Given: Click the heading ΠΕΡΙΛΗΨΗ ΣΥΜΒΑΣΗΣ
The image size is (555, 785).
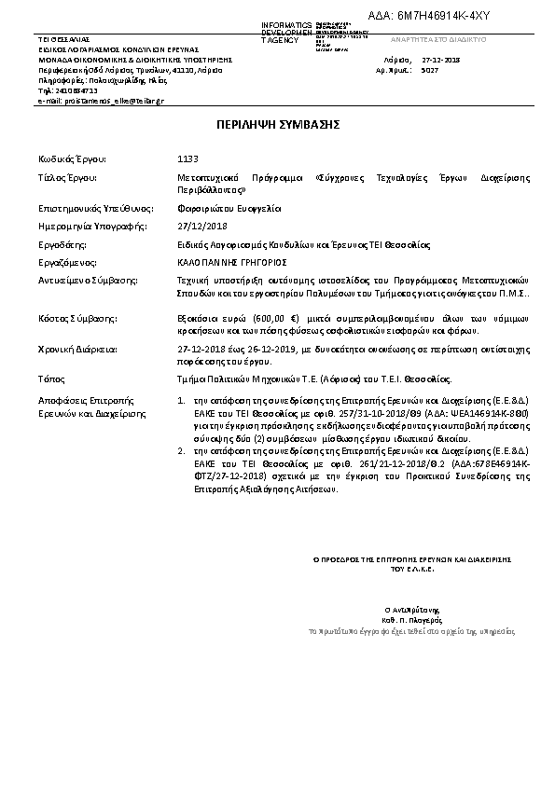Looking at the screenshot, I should pos(276,123).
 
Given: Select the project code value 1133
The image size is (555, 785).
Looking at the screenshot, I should pos(187,158).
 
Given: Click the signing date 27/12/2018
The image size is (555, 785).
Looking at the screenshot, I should pos(202,227).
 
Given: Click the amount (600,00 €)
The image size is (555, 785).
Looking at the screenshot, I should pos(264,318).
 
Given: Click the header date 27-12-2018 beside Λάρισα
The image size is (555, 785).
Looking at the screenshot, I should pos(441,60).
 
